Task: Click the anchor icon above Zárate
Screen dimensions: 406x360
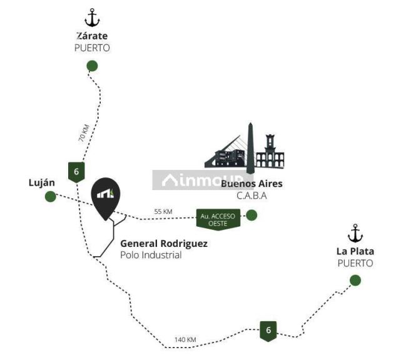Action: [x=92, y=17]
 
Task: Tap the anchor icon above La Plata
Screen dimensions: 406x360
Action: [x=355, y=233]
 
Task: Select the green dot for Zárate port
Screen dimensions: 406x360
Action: [x=92, y=66]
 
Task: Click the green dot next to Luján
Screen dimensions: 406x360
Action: [x=51, y=196]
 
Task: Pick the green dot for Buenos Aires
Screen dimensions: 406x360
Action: [x=251, y=215]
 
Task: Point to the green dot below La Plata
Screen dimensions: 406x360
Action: [x=355, y=281]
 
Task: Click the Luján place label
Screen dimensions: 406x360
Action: [x=42, y=183]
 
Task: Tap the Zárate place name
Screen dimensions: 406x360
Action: [x=92, y=36]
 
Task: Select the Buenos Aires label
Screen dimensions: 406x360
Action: [x=251, y=184]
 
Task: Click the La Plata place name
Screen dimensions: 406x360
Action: [x=355, y=251]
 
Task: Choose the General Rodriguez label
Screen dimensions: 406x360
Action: [x=164, y=244]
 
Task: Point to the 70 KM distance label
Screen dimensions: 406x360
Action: [x=84, y=133]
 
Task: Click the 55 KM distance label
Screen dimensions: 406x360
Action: [x=163, y=211]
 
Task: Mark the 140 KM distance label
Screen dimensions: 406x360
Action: [x=185, y=339]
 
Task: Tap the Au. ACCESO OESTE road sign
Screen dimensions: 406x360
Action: [x=218, y=219]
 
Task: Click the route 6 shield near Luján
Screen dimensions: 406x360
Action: [x=76, y=172]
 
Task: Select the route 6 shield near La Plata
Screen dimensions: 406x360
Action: [x=268, y=331]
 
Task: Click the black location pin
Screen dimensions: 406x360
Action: [x=106, y=199]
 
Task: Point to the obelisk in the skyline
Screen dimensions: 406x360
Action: [x=250, y=148]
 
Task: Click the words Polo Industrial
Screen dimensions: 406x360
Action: [x=151, y=255]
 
